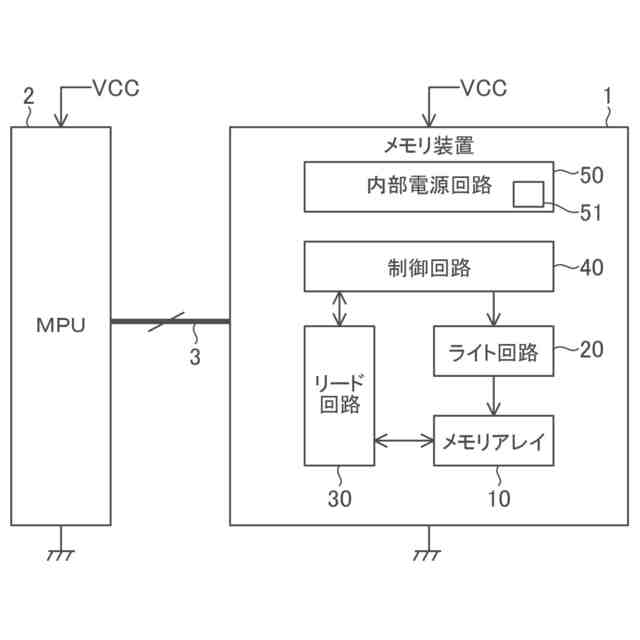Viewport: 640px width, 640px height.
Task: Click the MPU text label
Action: [61, 325]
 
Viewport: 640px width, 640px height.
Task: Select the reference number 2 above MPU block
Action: [29, 97]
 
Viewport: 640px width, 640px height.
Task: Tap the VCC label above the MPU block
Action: [116, 88]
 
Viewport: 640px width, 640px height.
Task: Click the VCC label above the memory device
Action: [484, 88]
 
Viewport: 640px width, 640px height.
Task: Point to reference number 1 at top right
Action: [608, 97]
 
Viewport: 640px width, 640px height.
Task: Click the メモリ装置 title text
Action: [429, 146]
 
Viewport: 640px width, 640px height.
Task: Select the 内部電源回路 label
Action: [429, 185]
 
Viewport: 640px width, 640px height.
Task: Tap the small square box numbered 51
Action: [529, 194]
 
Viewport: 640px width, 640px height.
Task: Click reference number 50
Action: [591, 176]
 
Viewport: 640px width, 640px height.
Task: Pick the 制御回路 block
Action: [429, 267]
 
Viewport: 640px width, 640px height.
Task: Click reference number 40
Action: [591, 267]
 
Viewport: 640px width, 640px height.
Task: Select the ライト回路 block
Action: [493, 351]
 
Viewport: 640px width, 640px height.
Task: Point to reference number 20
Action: [591, 350]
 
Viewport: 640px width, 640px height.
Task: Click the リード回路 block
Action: [340, 396]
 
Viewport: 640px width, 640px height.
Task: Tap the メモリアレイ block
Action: [493, 441]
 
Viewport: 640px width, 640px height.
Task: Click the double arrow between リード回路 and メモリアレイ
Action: [404, 441]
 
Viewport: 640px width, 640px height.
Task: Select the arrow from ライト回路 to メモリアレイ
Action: [494, 396]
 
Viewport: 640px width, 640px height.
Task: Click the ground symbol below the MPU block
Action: [61, 548]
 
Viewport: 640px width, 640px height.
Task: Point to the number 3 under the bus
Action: [195, 357]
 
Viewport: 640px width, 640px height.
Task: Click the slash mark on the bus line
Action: [166, 322]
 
